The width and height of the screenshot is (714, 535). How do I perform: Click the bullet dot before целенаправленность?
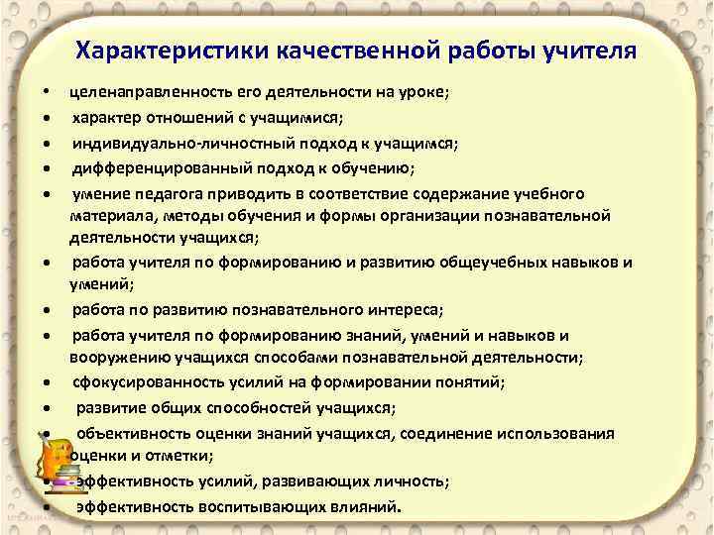(47, 93)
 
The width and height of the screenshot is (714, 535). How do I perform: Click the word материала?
(108, 215)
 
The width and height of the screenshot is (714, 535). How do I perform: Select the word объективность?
(128, 433)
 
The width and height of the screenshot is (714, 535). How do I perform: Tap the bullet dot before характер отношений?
(47, 119)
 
